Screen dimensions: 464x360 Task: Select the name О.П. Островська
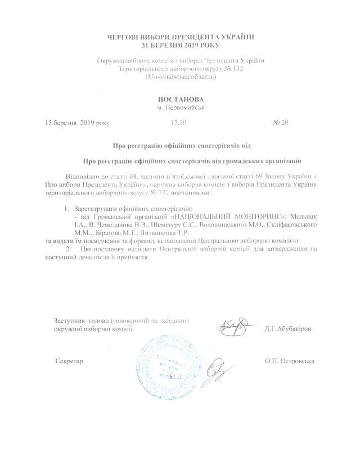pos(290,360)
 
